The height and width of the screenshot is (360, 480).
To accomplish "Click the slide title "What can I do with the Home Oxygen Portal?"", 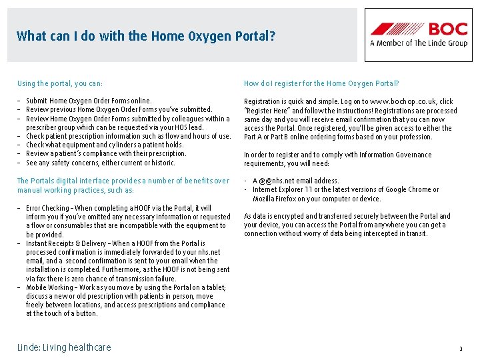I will (145, 36).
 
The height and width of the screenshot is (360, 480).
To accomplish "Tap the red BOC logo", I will (419, 29).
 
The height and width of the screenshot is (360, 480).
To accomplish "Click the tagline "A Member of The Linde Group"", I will (419, 43).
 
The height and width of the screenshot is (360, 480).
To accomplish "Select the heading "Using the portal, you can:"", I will (60, 83).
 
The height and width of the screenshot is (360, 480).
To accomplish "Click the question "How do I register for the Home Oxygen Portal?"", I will (321, 83).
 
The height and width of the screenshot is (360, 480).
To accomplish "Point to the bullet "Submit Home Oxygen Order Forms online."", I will (89, 101).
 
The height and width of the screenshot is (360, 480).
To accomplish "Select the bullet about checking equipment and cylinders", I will (105, 145).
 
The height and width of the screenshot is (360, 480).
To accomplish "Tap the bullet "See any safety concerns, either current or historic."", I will (101, 163).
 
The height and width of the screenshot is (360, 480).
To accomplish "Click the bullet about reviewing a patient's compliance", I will (106, 153).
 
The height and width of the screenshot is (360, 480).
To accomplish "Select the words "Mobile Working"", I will (45, 287).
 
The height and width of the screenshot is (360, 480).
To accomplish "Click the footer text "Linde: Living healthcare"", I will (64, 347).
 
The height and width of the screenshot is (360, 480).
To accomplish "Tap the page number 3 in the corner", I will (460, 349).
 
